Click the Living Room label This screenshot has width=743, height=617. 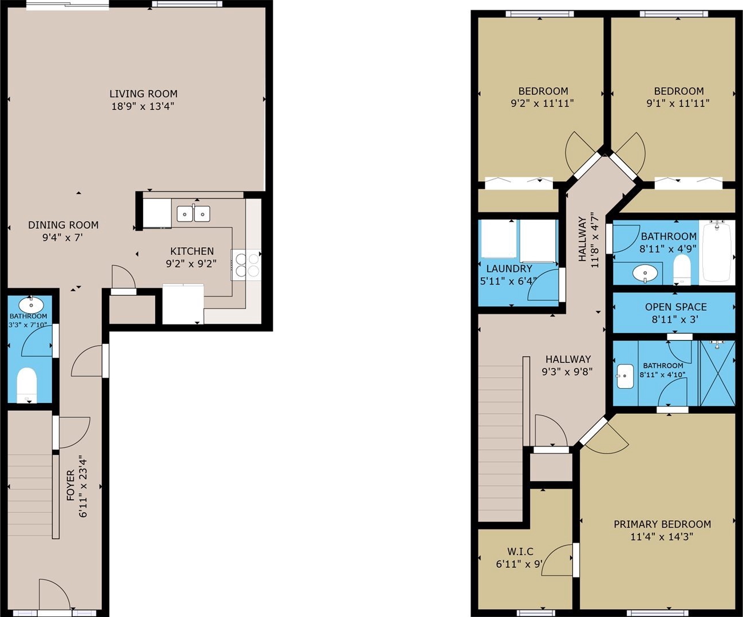144,94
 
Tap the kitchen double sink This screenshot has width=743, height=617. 193,214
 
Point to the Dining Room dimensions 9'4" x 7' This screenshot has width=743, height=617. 62,238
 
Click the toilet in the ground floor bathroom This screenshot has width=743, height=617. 27,385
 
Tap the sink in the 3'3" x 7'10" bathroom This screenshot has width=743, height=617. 31,304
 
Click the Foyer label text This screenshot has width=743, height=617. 71,485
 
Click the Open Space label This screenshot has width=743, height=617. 676,307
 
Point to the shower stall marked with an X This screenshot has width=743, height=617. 717,373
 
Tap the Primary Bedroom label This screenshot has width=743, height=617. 662,524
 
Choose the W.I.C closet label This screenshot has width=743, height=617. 520,552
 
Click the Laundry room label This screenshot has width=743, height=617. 509,268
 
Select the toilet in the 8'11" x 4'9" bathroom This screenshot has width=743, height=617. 682,270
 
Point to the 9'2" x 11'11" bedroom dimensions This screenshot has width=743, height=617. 542,104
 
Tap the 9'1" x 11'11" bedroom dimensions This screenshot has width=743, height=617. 678,104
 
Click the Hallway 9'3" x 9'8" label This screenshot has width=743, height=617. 567,365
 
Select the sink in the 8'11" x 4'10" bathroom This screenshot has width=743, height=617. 625,375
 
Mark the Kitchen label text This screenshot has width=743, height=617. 192,251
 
